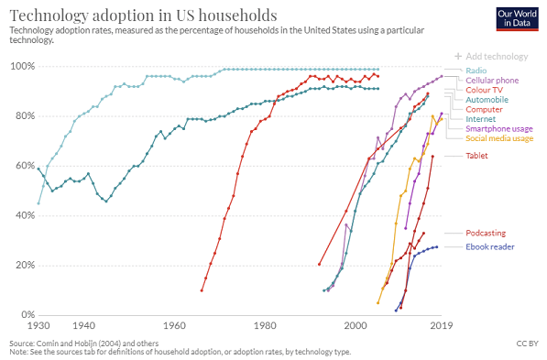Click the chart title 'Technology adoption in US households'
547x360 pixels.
130,15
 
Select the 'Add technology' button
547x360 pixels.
498,56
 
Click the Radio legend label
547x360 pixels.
476,70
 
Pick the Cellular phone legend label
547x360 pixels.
493,80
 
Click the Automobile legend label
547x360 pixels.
487,100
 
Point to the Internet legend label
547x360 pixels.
481,119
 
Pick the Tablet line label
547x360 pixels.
476,156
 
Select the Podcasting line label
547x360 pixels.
485,233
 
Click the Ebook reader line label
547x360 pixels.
489,246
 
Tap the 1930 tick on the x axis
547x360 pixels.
38,325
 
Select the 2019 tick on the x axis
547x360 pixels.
442,325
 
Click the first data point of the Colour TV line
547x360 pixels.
202,290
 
